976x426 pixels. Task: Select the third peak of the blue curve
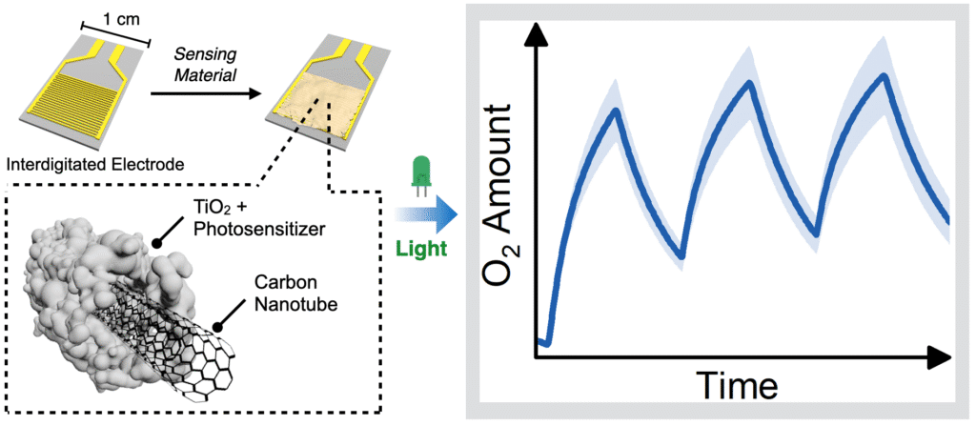[884, 75]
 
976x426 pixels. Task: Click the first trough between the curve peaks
[681, 255]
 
